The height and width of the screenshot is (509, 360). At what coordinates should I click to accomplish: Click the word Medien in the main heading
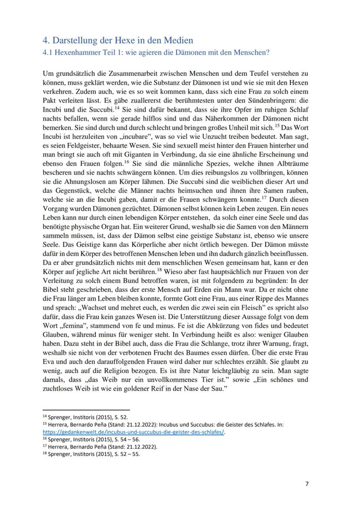(x=172, y=41)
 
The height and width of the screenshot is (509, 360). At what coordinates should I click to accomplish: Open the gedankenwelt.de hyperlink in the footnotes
(x=134, y=432)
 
